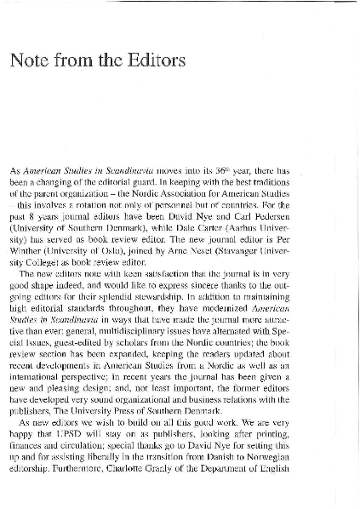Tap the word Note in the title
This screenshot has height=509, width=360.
(x=30, y=60)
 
